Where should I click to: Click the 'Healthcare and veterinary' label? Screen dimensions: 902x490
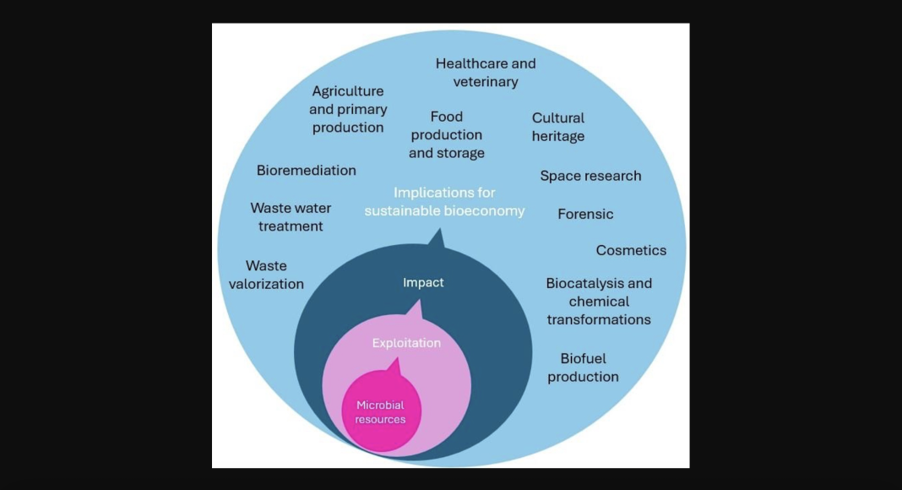(x=486, y=73)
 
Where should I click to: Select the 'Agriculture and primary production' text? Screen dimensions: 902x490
(x=348, y=109)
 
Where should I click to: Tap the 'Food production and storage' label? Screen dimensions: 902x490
(x=447, y=134)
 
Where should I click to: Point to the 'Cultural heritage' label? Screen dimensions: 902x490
(x=558, y=127)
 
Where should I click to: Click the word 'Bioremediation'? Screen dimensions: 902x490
(x=306, y=171)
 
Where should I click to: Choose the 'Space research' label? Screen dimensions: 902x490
(x=590, y=176)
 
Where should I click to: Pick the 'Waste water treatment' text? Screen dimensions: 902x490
(x=291, y=217)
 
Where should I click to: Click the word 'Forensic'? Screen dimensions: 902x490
(x=585, y=214)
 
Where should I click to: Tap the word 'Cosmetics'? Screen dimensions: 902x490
(x=631, y=250)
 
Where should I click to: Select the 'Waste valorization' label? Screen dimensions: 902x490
(x=266, y=275)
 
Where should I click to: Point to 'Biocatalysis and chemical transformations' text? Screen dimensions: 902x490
(x=599, y=302)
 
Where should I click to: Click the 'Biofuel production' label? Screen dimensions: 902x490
(x=583, y=367)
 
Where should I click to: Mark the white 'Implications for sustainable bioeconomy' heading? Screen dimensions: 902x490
(x=444, y=202)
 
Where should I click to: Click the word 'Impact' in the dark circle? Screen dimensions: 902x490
(x=423, y=282)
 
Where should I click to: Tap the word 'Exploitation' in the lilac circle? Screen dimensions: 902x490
(x=406, y=343)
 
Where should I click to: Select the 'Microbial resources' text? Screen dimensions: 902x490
(x=380, y=412)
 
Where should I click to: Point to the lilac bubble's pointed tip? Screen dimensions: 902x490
(x=420, y=302)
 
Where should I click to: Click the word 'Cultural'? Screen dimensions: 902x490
(x=558, y=118)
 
